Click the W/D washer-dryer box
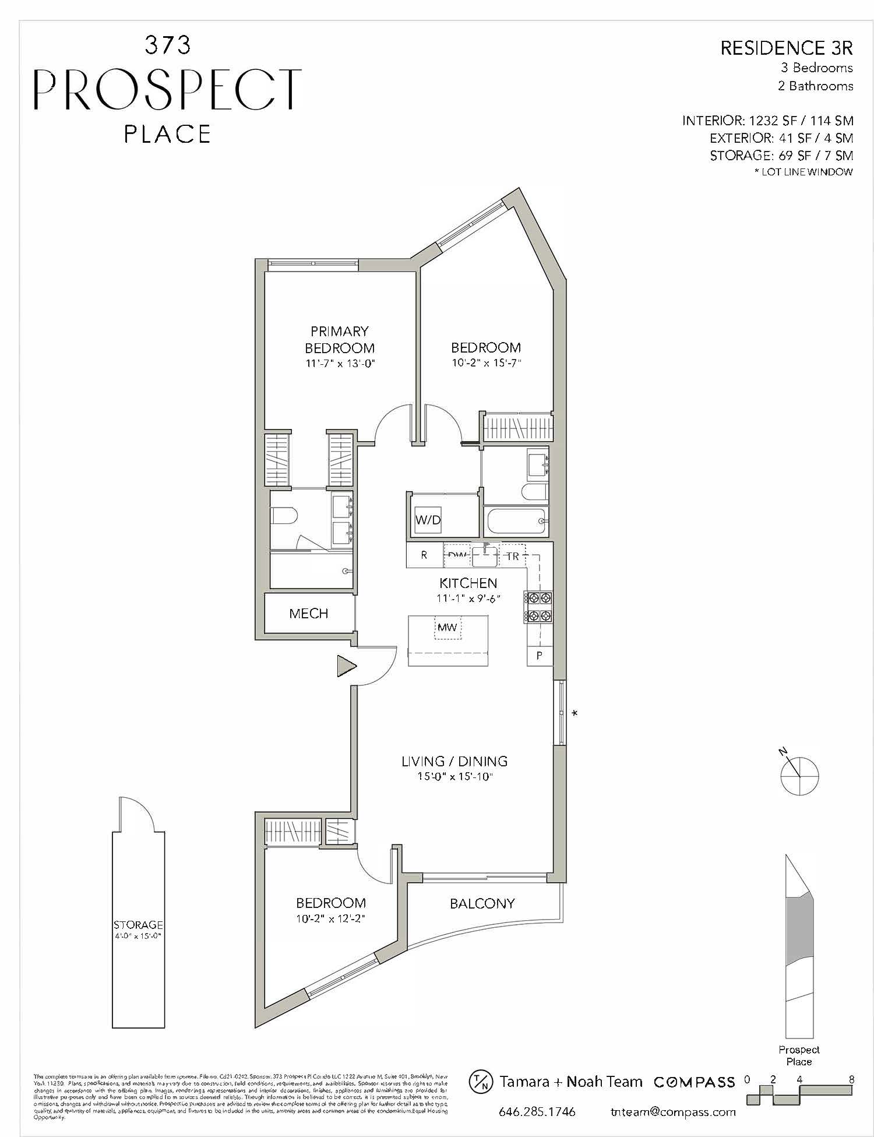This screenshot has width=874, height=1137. [428, 520]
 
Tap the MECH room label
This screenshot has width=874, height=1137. [309, 613]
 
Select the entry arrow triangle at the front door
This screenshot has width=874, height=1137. [346, 666]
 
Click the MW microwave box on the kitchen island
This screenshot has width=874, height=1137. [447, 627]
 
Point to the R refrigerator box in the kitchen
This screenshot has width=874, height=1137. [424, 555]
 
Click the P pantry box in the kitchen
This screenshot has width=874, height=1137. [540, 656]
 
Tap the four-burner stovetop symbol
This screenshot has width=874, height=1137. [538, 607]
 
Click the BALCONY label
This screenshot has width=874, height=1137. [482, 903]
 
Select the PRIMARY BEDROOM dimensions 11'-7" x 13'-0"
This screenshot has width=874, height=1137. [339, 364]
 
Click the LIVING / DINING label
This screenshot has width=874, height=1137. [454, 761]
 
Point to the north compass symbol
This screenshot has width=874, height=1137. [799, 775]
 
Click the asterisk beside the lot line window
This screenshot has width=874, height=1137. [575, 713]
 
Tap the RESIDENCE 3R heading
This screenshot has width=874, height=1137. [786, 48]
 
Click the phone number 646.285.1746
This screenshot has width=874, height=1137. [537, 1112]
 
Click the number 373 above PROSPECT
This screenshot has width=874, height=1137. [167, 45]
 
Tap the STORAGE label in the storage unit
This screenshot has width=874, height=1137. [138, 925]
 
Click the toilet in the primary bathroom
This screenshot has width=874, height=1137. [285, 515]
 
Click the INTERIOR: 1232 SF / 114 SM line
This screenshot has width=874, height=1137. [767, 121]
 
